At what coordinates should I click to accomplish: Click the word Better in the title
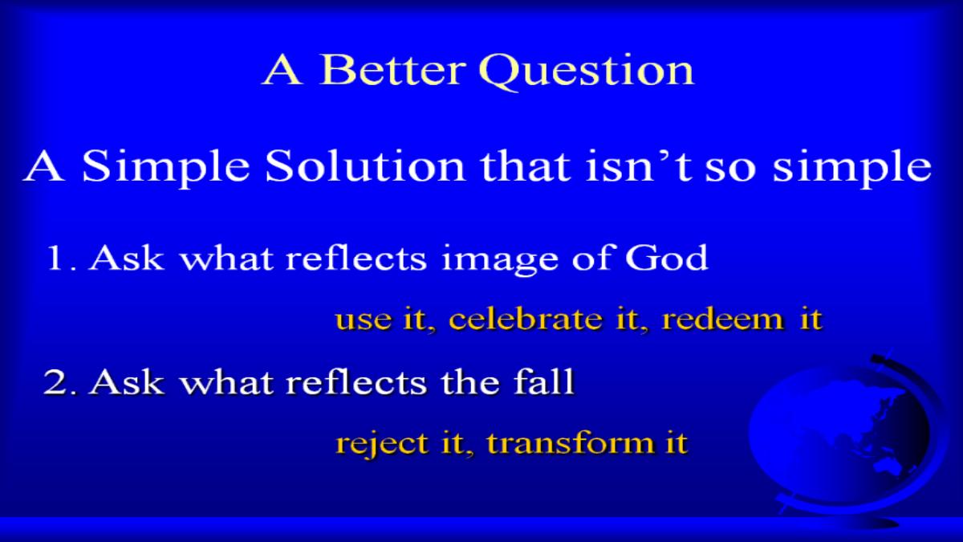pos(392,69)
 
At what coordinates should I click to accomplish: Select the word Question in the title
pos(587,71)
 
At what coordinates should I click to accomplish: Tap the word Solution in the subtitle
pos(365,166)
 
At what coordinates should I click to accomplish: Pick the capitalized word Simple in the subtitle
pos(166,169)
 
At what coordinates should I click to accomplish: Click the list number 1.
pos(61,258)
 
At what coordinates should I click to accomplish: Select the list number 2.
pos(61,382)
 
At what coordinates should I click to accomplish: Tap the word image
pos(499,261)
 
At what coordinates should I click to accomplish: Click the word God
pos(666,257)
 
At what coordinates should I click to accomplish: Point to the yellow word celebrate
pos(525,320)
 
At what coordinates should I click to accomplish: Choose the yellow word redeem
pos(723,320)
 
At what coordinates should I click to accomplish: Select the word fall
pos(544,381)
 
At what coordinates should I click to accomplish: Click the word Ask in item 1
pos(127,257)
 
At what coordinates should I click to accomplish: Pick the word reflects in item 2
pos(356,381)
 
